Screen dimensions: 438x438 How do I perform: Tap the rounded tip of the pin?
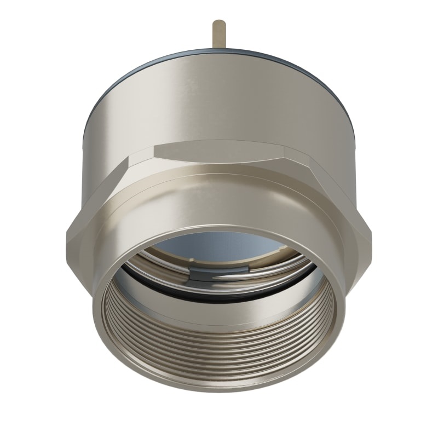[x=219, y=23]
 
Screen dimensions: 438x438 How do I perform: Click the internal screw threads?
[x=219, y=350]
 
